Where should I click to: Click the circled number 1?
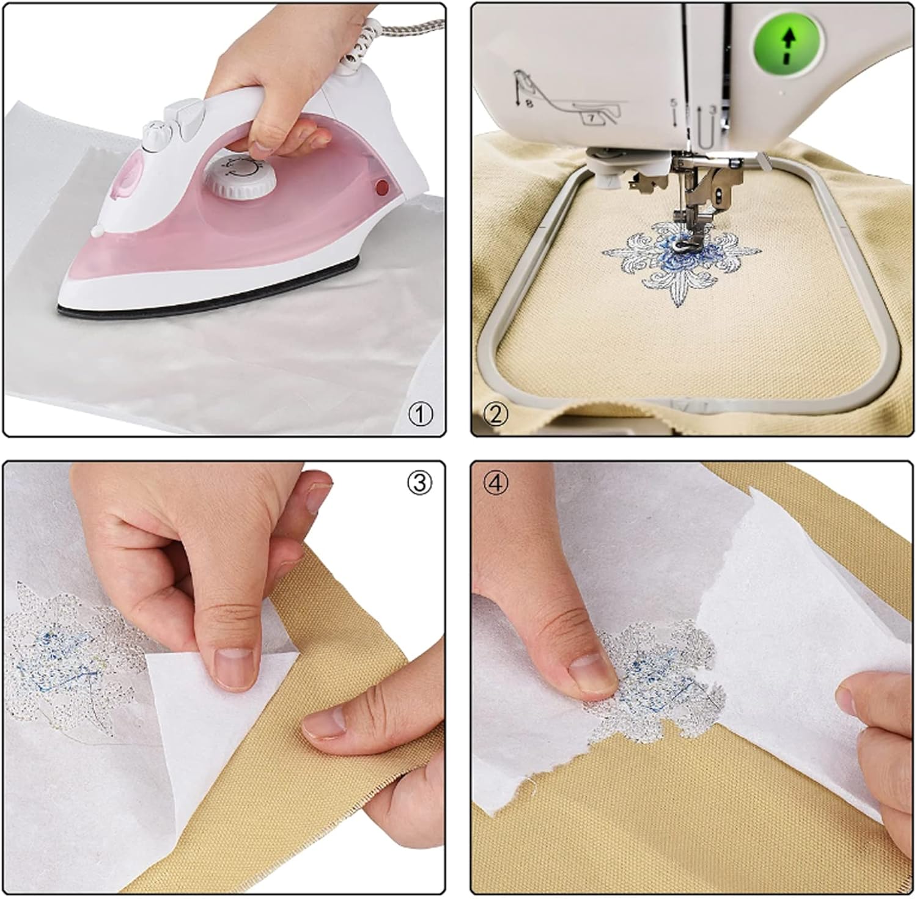pos(420,414)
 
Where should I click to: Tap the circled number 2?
pos(495,414)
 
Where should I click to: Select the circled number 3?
pos(419,483)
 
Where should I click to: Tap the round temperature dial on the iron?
pos(240,178)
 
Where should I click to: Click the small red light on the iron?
pos(383,186)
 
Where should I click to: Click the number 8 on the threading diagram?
pos(529,104)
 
